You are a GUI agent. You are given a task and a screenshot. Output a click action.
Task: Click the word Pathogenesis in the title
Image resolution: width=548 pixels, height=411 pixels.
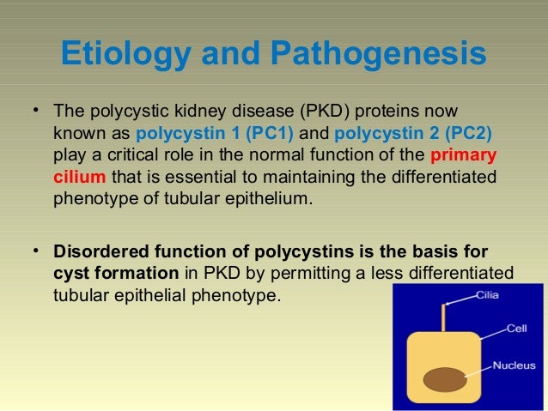(x=378, y=56)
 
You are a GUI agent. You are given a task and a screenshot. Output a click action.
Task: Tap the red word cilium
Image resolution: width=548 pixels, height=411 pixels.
(x=79, y=178)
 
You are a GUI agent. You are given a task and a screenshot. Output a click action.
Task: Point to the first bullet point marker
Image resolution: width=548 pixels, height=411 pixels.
(x=35, y=112)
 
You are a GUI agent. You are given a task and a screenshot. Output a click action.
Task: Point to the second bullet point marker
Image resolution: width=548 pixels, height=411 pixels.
(x=35, y=251)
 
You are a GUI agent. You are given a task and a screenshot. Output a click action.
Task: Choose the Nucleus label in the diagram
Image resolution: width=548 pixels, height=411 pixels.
(x=514, y=366)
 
